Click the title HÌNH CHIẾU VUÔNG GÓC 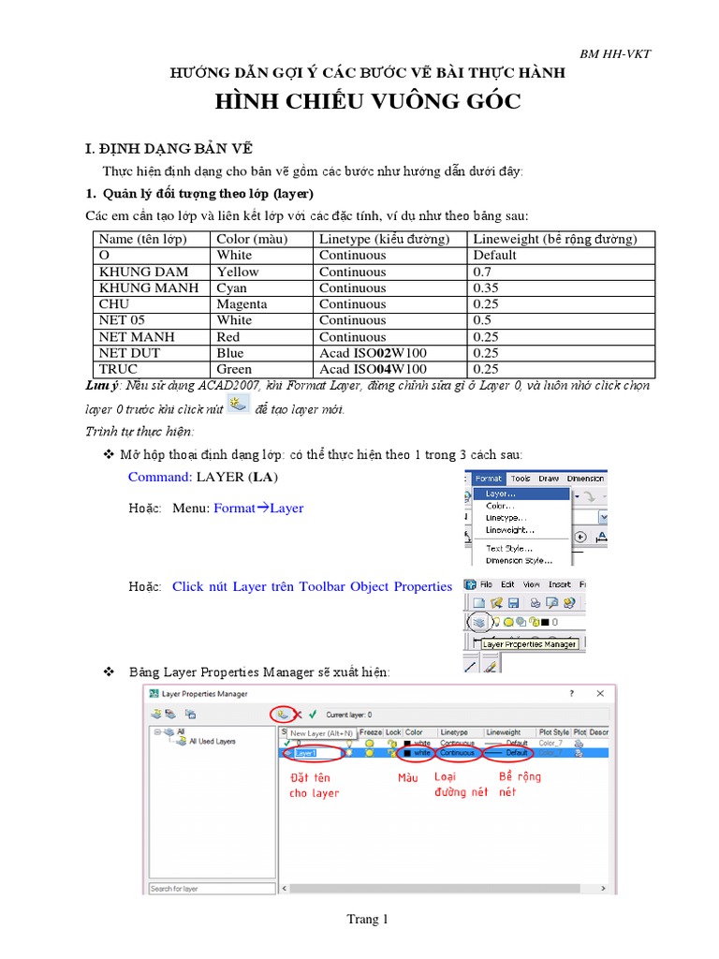(x=368, y=101)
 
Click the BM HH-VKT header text (x=615, y=53)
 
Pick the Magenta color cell (x=242, y=304)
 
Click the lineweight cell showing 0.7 (x=483, y=272)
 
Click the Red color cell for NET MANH (x=228, y=337)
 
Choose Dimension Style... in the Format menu (x=519, y=560)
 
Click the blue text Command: (x=160, y=477)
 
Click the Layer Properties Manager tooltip (x=529, y=644)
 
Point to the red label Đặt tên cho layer (x=314, y=785)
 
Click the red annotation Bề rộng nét (x=520, y=784)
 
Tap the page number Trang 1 (x=367, y=920)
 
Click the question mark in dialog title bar (x=572, y=694)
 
